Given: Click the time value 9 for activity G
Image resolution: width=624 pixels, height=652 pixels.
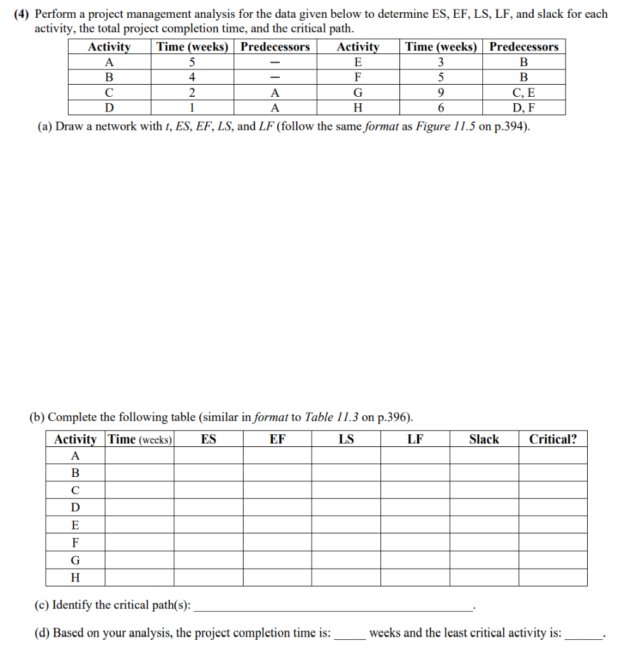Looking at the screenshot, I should point(441,92).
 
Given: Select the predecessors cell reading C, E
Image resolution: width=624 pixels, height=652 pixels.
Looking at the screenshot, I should point(523,92).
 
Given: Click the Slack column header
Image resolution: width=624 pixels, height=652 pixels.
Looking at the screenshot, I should point(483,439).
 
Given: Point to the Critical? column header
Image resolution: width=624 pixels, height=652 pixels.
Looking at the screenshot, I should point(553,439).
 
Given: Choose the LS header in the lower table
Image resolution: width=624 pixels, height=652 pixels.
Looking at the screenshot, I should point(346,439).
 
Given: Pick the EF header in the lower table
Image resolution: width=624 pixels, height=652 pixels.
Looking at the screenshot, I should point(277,439).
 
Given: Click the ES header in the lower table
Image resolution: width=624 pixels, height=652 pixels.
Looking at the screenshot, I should point(208,439).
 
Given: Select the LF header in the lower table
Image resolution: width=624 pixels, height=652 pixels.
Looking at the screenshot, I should point(415,439).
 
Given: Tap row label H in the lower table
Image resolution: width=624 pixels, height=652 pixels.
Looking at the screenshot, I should point(75,578).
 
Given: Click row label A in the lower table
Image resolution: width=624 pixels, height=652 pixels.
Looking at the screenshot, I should point(75,456).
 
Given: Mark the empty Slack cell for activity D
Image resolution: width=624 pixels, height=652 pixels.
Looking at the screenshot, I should point(484,507).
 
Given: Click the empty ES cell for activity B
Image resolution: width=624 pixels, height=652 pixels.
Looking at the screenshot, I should point(208,473).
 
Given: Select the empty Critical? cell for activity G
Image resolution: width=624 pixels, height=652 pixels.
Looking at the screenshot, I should point(553,560).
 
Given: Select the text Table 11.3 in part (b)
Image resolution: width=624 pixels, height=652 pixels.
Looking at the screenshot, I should point(331,418).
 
